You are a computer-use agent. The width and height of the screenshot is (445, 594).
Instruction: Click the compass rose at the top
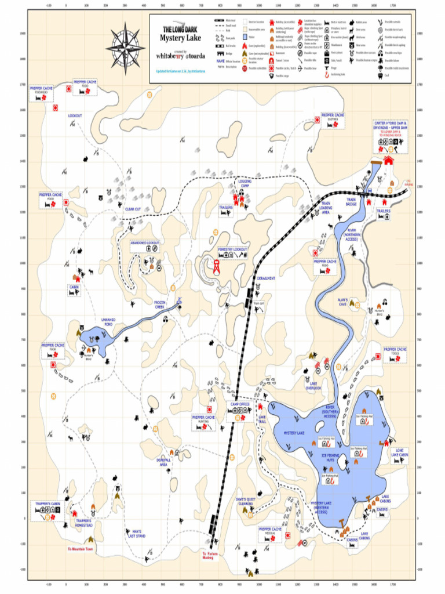point(125,44)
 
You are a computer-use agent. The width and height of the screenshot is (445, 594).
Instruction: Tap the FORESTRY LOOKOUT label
point(233,249)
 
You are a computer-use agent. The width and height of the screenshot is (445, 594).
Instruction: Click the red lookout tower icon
point(217,267)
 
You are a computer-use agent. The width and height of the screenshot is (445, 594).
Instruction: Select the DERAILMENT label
point(266,278)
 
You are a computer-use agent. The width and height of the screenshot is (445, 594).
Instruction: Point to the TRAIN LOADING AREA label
point(326,208)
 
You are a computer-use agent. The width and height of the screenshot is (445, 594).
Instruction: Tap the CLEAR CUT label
point(133,209)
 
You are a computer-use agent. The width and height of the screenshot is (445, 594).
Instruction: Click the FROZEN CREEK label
point(160,304)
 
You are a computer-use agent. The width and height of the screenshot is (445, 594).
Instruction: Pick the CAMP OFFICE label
point(239,404)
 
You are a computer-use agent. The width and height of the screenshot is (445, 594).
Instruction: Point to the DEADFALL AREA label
point(163,462)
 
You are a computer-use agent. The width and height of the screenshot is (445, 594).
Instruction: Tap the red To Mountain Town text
point(81,549)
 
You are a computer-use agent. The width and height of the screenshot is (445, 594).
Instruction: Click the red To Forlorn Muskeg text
point(208,556)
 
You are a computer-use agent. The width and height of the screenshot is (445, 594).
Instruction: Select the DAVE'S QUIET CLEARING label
point(246,501)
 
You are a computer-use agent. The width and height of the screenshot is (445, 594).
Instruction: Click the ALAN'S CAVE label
point(342,302)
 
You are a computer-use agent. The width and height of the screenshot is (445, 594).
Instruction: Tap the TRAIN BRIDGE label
point(351,202)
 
